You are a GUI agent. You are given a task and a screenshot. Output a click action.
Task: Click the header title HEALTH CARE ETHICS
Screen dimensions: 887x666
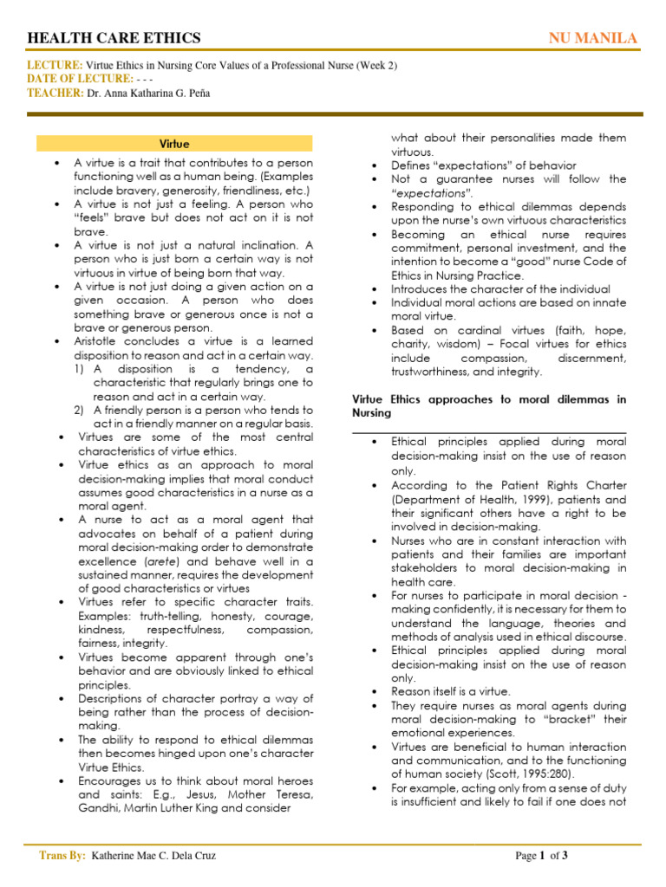[114, 38]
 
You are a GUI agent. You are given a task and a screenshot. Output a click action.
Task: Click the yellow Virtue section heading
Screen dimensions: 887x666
[174, 143]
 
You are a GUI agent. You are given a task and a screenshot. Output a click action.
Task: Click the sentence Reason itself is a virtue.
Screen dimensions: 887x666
[451, 691]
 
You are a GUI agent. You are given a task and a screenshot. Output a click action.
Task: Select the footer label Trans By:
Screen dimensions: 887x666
[62, 856]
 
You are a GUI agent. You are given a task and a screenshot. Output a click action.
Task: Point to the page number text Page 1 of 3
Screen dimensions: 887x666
[541, 856]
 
